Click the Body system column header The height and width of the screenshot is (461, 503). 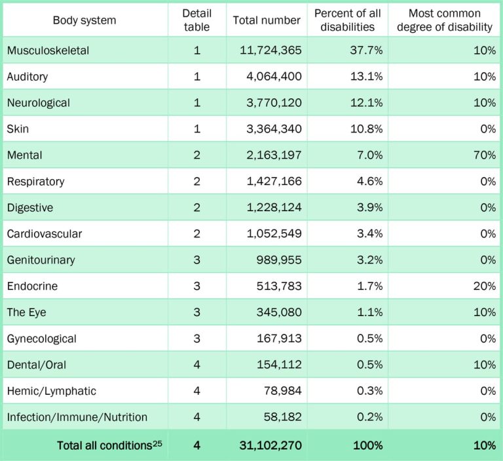point(84,20)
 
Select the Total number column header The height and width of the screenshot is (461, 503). point(267,20)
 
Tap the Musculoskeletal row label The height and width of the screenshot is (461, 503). point(48,50)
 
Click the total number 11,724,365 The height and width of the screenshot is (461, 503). point(268,50)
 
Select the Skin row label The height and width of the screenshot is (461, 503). point(18,129)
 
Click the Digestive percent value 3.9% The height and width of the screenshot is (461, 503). point(369,208)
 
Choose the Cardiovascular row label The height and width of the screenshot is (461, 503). point(45,234)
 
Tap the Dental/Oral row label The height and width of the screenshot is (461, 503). point(37,365)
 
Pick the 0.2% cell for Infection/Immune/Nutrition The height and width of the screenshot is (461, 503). point(369,418)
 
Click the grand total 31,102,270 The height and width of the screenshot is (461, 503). point(268,446)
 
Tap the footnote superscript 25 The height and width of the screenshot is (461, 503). point(157,443)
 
